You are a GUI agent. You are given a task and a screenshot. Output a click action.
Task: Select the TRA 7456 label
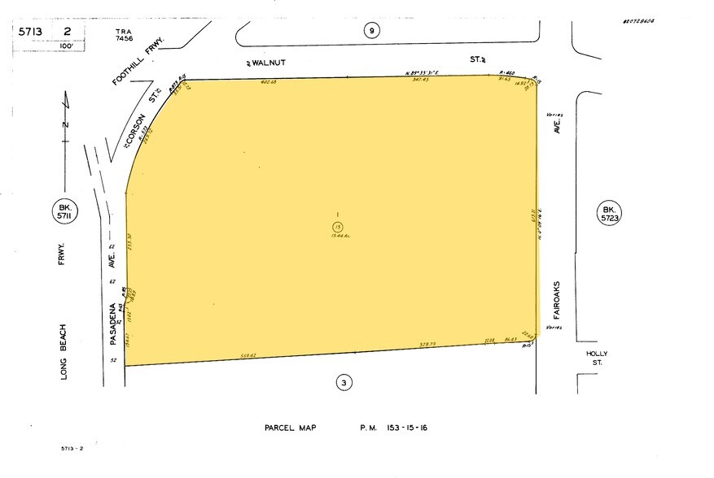point(124,34)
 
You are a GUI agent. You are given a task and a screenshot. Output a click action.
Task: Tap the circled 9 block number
point(371,31)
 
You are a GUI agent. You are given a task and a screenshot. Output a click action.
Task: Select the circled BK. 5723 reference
point(611,212)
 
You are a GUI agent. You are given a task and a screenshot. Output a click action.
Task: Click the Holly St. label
point(598,358)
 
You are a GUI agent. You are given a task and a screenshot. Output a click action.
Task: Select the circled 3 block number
point(344,381)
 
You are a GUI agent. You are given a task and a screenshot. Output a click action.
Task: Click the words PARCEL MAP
point(290,428)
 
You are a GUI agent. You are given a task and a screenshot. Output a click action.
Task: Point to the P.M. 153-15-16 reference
point(396,428)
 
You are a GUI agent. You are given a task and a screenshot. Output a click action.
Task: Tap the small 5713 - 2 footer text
point(73,449)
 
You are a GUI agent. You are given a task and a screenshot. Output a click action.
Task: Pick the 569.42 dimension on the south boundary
point(248,355)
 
